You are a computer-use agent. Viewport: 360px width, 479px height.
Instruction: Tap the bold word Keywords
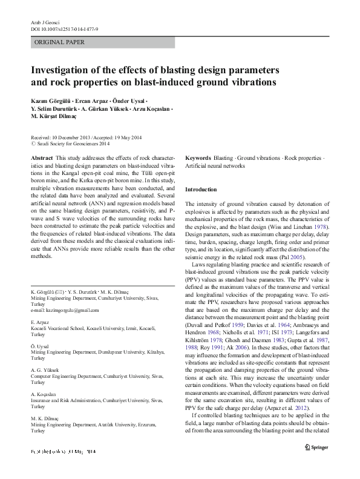click(198, 157)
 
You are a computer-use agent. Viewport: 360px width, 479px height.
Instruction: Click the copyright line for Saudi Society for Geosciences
click(73, 144)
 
